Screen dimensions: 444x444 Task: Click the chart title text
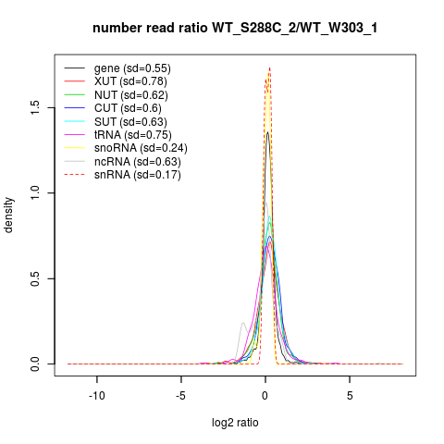click(x=235, y=29)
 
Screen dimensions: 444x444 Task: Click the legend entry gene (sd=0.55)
click(x=132, y=68)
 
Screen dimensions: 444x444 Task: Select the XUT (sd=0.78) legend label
click(x=130, y=81)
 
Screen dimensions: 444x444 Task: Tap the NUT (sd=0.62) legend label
click(x=131, y=95)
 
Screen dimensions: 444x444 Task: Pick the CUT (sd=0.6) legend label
click(x=128, y=108)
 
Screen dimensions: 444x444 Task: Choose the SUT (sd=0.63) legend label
click(x=130, y=122)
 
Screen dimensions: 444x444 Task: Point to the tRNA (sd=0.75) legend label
click(x=133, y=135)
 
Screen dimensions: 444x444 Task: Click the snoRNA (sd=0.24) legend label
click(x=141, y=148)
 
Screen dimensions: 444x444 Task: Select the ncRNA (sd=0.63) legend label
click(x=138, y=162)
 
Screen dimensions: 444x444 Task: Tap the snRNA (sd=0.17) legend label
click(x=138, y=175)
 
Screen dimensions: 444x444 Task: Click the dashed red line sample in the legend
click(x=75, y=175)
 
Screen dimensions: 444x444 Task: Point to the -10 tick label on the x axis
click(x=97, y=396)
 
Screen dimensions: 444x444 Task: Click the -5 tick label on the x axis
click(x=181, y=396)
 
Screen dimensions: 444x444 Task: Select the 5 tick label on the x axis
click(x=350, y=396)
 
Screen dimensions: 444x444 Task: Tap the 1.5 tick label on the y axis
click(x=35, y=107)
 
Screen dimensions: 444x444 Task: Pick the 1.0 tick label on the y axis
click(x=35, y=193)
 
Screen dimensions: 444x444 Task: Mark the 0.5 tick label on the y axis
click(x=35, y=278)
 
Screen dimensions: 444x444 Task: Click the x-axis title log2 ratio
click(x=235, y=423)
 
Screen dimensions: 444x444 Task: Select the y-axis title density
click(x=8, y=216)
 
